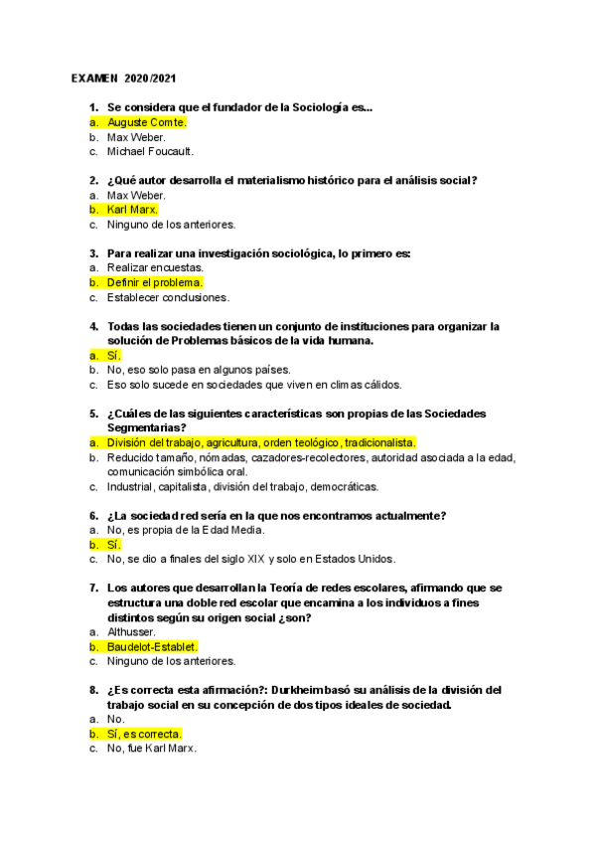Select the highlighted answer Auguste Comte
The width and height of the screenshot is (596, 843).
tap(146, 122)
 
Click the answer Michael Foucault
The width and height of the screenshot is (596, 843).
tap(150, 152)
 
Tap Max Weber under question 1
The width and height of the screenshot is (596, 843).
tap(136, 137)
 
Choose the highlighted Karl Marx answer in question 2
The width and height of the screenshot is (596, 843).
tap(132, 210)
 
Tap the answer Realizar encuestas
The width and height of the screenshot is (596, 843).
tap(155, 267)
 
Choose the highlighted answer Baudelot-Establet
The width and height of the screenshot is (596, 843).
tap(159, 646)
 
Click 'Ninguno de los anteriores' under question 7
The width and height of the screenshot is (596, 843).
tap(171, 661)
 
